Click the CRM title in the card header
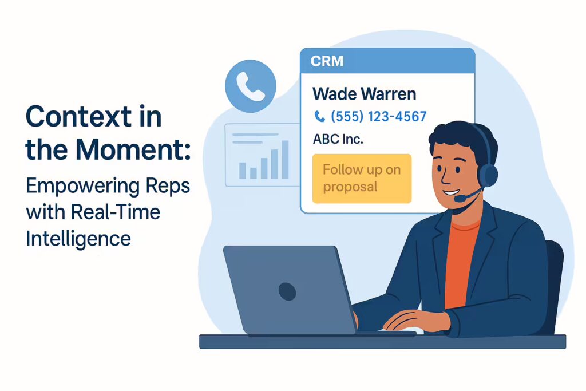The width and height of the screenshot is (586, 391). (327, 61)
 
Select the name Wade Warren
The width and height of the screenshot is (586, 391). (364, 94)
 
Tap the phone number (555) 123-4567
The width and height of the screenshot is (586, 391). (379, 116)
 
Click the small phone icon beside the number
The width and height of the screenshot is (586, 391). (319, 117)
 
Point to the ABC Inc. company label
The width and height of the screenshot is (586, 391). (338, 139)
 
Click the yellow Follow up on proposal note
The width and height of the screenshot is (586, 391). (362, 178)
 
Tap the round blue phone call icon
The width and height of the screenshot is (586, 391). (251, 86)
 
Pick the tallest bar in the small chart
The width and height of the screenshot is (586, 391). (285, 160)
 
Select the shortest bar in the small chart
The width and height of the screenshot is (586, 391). (254, 173)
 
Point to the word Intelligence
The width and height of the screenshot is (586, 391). (78, 239)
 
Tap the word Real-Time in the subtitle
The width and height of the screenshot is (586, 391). (116, 212)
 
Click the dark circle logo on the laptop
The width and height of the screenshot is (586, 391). (287, 291)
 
